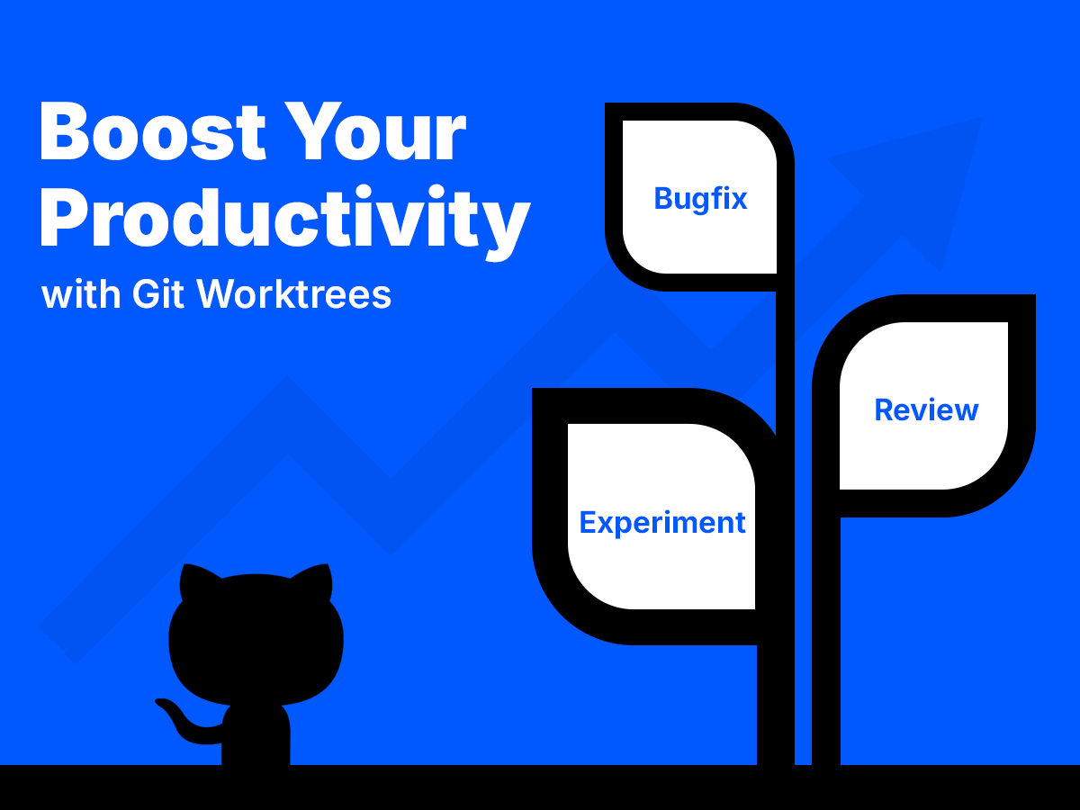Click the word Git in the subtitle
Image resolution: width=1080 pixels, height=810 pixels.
click(x=159, y=294)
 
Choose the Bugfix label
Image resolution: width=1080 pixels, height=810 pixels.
click(x=700, y=198)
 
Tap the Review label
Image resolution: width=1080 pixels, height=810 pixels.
click(x=926, y=410)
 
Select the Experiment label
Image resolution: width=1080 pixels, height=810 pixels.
click(x=662, y=522)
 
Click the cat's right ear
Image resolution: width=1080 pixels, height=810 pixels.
click(x=316, y=582)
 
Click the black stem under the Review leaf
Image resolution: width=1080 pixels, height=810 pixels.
click(x=826, y=648)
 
